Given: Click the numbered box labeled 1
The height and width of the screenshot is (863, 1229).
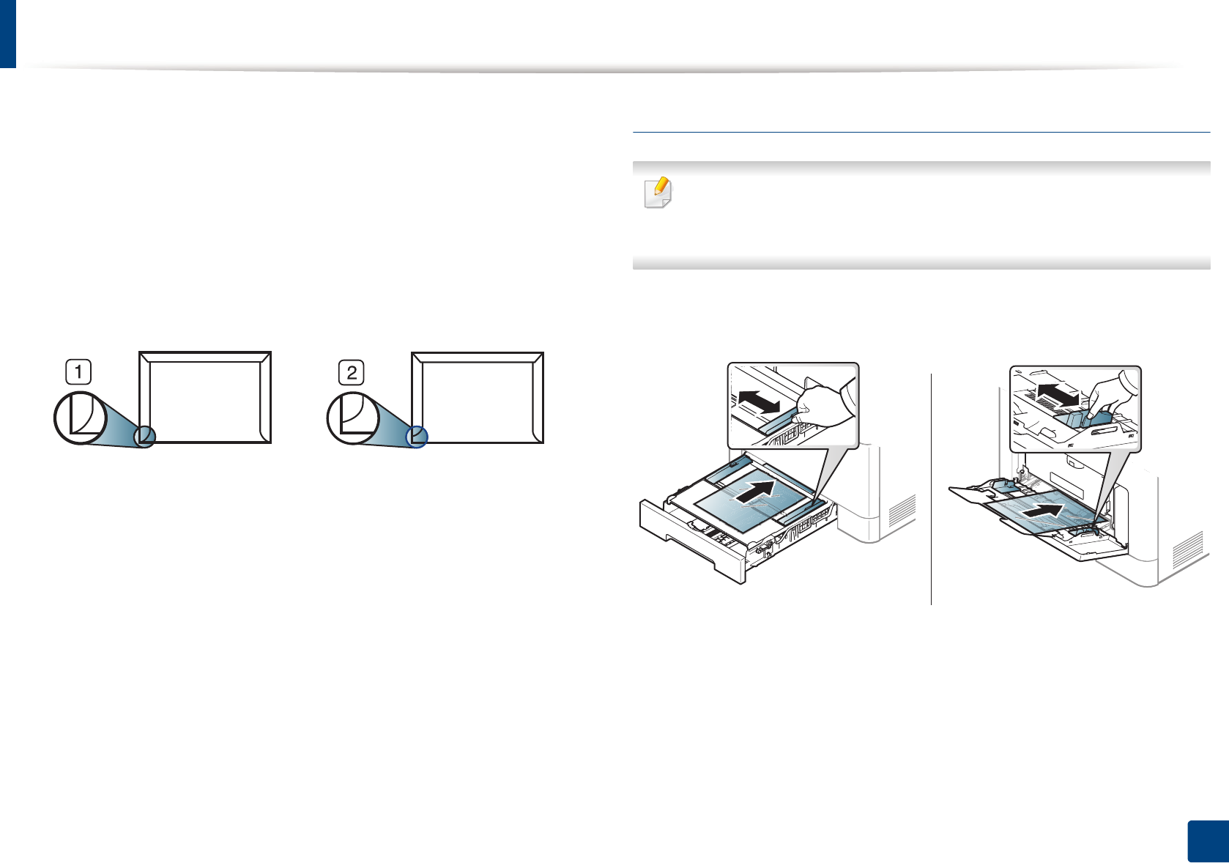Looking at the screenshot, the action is pyautogui.click(x=78, y=372).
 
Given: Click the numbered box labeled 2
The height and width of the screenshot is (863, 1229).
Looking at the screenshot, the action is pyautogui.click(x=352, y=372).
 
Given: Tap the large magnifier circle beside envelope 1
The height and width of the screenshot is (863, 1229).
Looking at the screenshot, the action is pyautogui.click(x=81, y=418).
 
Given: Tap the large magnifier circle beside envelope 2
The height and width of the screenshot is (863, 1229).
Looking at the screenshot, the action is pyautogui.click(x=353, y=419).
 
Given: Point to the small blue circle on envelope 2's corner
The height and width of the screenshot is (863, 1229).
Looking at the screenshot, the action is pyautogui.click(x=417, y=437).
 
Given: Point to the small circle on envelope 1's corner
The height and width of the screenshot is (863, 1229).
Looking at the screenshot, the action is pyautogui.click(x=144, y=437).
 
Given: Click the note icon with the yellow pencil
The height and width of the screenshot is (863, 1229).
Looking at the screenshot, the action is pyautogui.click(x=658, y=193).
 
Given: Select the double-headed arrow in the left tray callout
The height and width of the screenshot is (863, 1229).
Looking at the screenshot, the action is pyautogui.click(x=759, y=401).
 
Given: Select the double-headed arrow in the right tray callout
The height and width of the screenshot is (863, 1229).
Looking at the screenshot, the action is pyautogui.click(x=1058, y=393).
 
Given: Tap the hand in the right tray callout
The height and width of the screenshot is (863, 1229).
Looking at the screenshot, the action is pyautogui.click(x=1110, y=399).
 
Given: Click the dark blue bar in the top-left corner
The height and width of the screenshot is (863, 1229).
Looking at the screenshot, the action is pyautogui.click(x=7, y=34).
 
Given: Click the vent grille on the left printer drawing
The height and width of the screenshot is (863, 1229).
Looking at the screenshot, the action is pyautogui.click(x=902, y=511).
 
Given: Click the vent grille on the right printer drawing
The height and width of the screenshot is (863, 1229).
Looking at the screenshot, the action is pyautogui.click(x=1187, y=550).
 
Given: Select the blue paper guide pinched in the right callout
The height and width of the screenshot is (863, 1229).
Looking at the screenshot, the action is pyautogui.click(x=1089, y=420).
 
